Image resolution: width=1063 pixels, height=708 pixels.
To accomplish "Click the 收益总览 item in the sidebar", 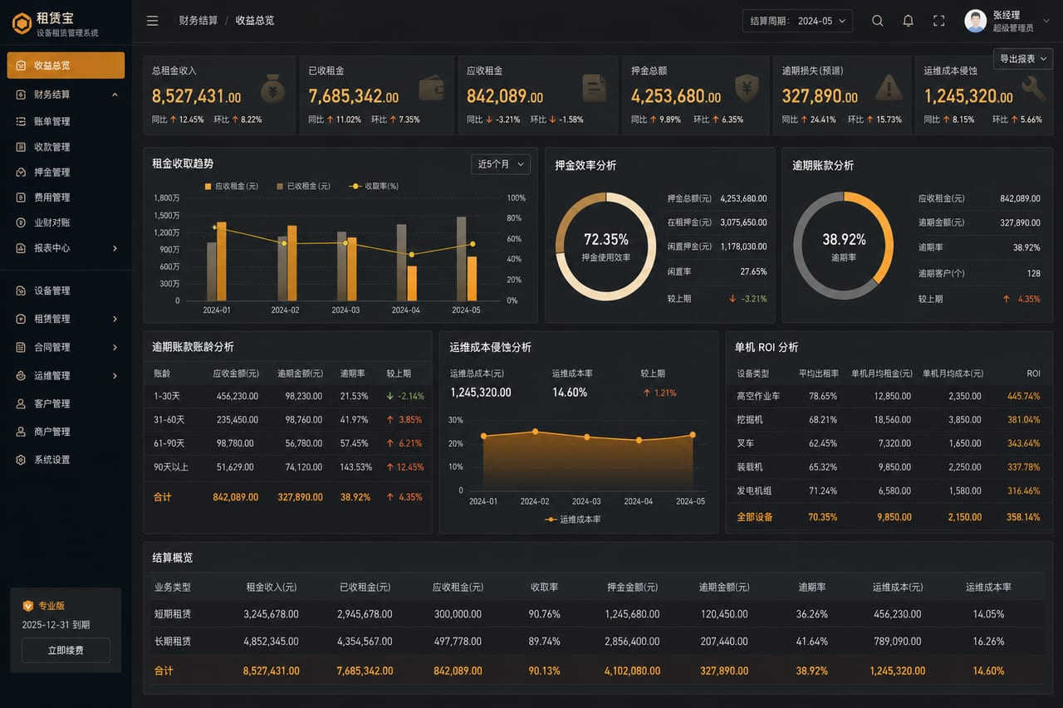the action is tap(66, 65).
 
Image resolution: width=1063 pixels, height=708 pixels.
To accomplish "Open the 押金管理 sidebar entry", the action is tap(51, 172).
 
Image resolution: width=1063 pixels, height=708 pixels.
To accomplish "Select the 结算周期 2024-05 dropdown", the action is tap(797, 21).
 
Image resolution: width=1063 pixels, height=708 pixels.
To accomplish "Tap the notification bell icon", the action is tap(908, 21).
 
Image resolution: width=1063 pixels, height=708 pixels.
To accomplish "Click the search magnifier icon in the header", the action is tap(878, 21).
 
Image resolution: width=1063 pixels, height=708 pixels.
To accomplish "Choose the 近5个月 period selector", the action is tap(501, 164).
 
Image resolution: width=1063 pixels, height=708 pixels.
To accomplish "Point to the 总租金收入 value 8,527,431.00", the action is tap(197, 96).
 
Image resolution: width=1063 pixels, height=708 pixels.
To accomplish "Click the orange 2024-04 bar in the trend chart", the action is tap(412, 283).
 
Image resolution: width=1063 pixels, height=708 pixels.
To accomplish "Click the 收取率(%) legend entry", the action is tap(374, 186).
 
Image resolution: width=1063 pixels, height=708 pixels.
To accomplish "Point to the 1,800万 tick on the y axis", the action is tap(167, 198).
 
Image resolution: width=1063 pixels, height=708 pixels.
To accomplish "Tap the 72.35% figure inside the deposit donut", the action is tap(606, 240).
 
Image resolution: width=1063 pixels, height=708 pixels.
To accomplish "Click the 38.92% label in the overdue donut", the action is tap(844, 240).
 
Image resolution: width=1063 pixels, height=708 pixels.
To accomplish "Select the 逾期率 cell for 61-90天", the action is tap(354, 443).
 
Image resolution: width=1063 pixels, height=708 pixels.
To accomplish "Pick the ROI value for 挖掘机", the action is tap(1024, 419).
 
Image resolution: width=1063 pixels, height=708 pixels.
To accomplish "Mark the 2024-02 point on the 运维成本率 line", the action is tap(536, 432).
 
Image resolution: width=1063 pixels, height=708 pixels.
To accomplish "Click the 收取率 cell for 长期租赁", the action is tap(544, 641).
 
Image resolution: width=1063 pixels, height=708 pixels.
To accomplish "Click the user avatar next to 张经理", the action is tap(975, 21).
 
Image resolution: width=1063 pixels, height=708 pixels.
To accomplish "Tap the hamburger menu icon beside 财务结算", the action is tap(152, 21).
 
